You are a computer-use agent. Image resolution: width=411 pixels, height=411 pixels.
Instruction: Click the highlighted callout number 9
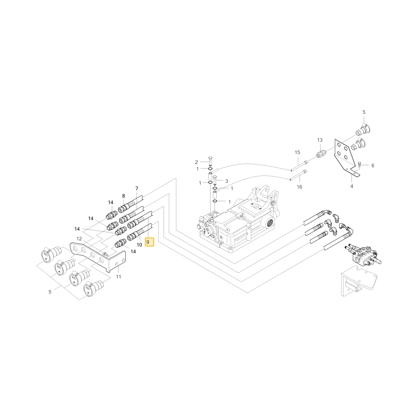(x=150, y=242)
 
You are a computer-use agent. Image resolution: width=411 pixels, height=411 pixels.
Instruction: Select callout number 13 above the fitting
(x=320, y=140)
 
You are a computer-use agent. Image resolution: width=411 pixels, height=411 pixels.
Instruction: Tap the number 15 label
(x=297, y=152)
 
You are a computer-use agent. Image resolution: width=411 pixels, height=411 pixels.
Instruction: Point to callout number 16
(x=299, y=187)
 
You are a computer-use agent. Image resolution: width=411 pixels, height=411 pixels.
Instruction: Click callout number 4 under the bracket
(x=351, y=186)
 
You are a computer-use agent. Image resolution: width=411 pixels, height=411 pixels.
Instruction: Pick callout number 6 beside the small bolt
(x=373, y=165)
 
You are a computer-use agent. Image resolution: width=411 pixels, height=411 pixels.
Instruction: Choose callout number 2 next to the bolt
(x=196, y=162)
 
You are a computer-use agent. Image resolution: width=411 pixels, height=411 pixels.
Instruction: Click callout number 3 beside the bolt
(x=227, y=181)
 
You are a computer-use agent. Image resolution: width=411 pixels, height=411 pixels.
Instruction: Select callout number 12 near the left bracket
(x=79, y=238)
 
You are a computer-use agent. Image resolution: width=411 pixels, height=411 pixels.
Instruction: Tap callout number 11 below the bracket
(x=118, y=277)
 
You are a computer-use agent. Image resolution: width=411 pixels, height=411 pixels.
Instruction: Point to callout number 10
(x=139, y=245)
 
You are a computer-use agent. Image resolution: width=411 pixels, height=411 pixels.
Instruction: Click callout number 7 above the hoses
(x=136, y=188)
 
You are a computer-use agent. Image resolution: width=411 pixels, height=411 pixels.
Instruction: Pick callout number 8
(x=123, y=196)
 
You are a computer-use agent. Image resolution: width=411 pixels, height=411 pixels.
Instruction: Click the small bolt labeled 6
(x=360, y=164)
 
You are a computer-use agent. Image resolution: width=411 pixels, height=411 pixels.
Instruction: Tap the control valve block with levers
(x=364, y=254)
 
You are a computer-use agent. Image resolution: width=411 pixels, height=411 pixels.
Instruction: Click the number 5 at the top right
(x=364, y=112)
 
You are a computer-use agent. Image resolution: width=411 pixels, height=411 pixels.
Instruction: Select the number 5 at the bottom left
(x=50, y=292)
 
